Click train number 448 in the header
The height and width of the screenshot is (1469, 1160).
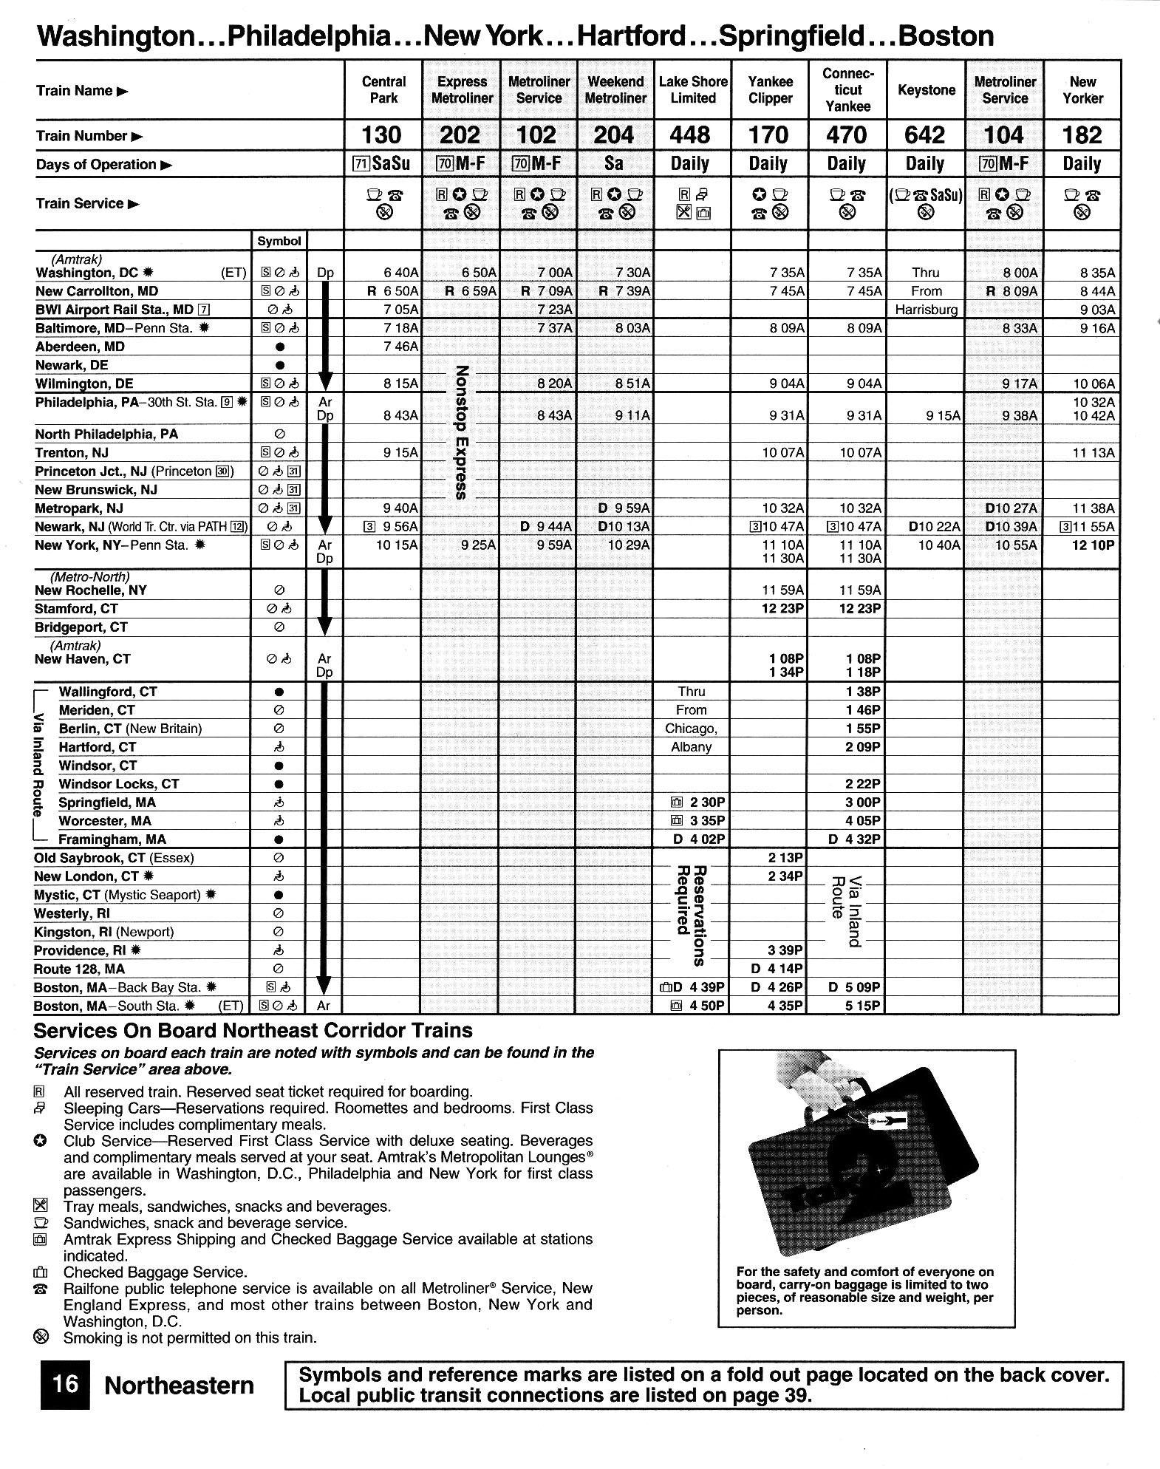[x=692, y=135]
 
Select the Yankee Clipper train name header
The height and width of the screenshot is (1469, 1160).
[x=770, y=90]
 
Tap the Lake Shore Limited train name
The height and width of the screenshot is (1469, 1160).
[x=692, y=90]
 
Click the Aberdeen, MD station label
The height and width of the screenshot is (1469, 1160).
[x=81, y=347]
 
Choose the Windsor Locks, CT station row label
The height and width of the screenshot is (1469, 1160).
[x=119, y=784]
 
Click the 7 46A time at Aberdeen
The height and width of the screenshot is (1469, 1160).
[x=400, y=347]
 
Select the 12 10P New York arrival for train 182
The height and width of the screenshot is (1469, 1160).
[x=1093, y=545]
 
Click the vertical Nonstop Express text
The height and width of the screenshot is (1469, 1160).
[x=461, y=432]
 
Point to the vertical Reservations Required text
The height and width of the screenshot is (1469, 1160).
[x=691, y=916]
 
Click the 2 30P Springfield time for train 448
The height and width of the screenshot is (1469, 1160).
[x=706, y=802]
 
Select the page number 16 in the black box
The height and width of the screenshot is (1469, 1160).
[x=65, y=1384]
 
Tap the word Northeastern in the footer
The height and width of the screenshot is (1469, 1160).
[x=180, y=1385]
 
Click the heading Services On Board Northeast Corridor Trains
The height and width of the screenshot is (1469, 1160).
[x=253, y=1031]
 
